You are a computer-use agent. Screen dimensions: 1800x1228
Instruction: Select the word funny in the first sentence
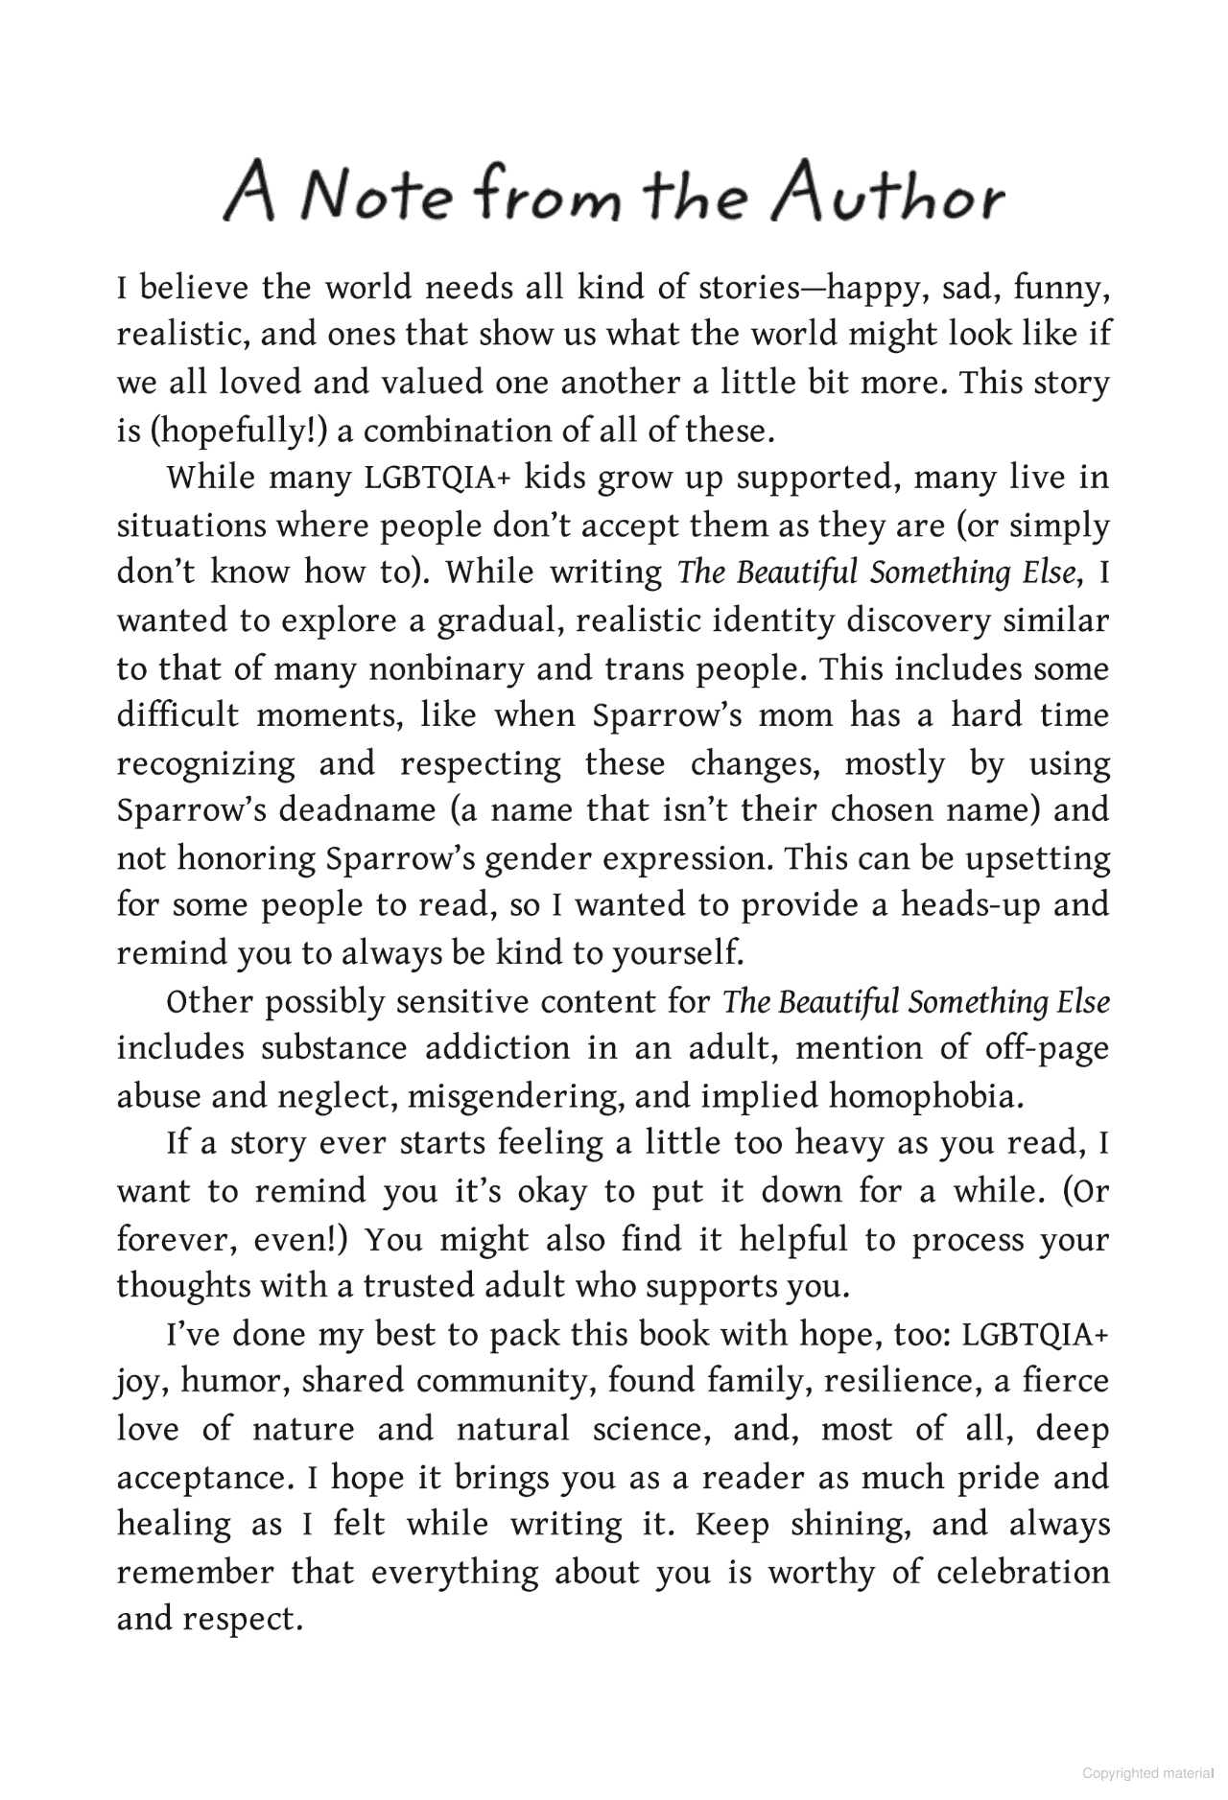(1061, 289)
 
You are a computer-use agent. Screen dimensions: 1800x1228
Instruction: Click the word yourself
(676, 953)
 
